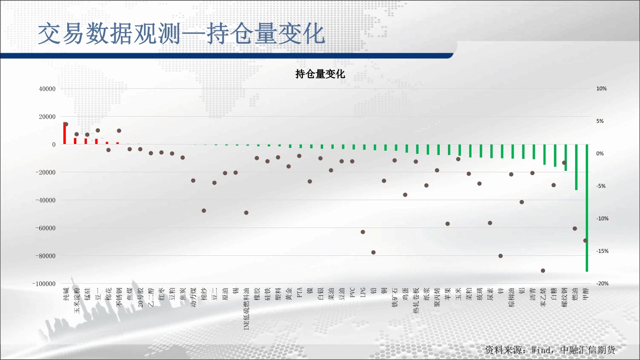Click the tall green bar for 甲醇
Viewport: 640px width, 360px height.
(587, 208)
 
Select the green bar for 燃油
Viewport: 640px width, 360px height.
(576, 167)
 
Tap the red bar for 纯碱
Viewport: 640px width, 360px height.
(64, 133)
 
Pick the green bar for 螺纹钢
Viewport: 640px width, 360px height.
(566, 158)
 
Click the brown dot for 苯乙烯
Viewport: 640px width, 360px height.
(543, 271)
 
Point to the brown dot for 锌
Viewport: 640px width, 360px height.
(501, 256)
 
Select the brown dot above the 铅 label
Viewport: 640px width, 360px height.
(374, 252)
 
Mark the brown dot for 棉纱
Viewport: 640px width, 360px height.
(204, 211)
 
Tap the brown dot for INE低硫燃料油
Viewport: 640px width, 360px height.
(246, 213)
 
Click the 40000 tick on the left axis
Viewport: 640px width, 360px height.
(47, 89)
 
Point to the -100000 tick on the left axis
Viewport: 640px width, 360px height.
(44, 284)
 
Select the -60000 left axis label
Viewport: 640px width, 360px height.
(46, 228)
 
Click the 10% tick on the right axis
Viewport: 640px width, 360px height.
(602, 89)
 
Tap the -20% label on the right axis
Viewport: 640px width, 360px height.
(602, 283)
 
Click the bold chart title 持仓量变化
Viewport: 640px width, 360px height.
(320, 74)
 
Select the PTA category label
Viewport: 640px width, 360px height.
(300, 293)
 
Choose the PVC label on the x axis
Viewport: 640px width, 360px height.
(352, 293)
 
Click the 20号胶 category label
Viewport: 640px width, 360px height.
(140, 298)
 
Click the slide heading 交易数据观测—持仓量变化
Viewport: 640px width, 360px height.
(181, 34)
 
